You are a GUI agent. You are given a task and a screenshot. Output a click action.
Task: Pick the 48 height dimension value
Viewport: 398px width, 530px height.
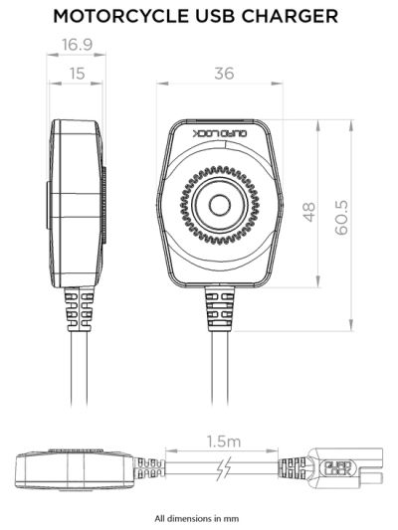(x=308, y=212)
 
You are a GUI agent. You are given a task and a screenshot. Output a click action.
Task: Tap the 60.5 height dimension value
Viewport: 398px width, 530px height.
(x=341, y=216)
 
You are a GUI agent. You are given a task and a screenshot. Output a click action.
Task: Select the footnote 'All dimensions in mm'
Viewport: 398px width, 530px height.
(x=198, y=517)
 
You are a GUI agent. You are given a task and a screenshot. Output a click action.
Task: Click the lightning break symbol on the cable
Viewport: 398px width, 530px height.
(x=226, y=467)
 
